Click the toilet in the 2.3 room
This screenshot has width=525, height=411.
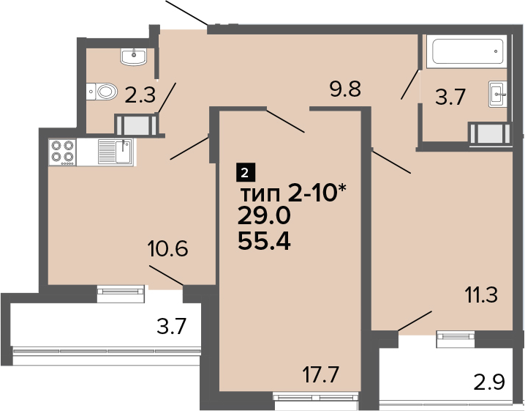tap(102, 92)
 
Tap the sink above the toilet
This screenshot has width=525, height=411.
tap(134, 56)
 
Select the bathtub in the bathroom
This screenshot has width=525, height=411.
tap(467, 51)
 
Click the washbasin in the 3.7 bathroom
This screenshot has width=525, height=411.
tap(498, 94)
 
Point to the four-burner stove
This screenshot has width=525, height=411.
tap(63, 152)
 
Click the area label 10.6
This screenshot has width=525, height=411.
tap(167, 248)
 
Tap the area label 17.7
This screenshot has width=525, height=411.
tap(321, 374)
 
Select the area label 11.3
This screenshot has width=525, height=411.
tap(481, 295)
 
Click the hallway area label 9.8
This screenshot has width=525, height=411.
tap(345, 89)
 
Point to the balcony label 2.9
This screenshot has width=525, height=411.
tap(489, 382)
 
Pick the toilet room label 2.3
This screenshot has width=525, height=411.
tap(140, 95)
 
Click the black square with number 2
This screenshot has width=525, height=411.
tap(246, 172)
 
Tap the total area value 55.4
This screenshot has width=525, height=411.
tap(264, 241)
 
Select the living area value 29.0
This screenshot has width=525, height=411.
tap(264, 215)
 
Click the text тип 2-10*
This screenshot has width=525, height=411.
tap(292, 193)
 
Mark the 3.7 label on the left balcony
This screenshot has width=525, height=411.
tap(171, 327)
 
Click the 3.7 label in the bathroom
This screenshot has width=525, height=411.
tap(450, 97)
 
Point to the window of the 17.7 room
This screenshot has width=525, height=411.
tap(316, 398)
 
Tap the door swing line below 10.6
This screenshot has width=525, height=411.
tap(167, 275)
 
